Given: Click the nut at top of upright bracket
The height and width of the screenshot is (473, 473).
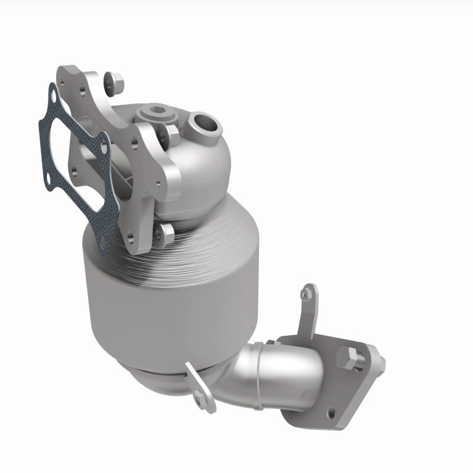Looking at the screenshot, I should click(305, 291).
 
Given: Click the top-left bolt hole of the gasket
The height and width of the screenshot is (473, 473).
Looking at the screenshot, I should click(53, 95).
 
